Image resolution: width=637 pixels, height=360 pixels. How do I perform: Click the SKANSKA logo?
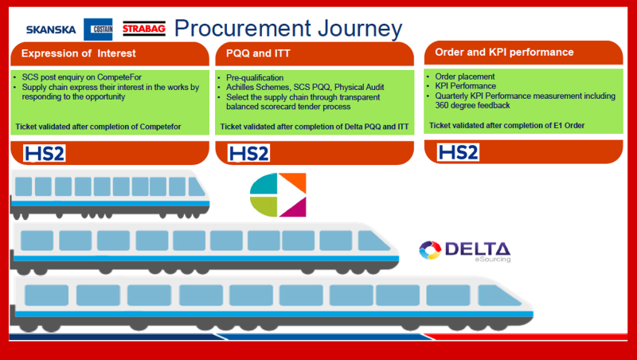point(51,30)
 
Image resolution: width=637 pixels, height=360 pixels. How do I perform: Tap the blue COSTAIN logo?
point(99,29)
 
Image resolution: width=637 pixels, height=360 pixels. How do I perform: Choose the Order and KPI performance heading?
point(504,53)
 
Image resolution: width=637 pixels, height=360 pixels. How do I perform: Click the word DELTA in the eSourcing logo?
point(477,248)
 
